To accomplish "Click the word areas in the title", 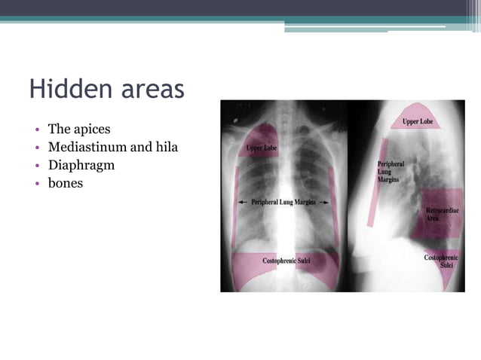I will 149,90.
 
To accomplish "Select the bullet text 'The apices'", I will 79,130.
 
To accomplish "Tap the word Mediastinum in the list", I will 86,147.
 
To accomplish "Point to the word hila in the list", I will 165,147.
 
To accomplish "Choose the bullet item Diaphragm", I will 81,164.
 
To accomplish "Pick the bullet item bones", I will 66,182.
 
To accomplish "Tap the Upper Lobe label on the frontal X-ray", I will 261,148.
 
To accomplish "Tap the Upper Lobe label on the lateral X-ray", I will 418,121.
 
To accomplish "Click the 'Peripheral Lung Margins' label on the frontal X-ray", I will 283,202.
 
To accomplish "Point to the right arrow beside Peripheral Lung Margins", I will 323,202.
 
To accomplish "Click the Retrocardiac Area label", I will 438,214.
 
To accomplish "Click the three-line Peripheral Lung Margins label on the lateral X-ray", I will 391,172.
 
